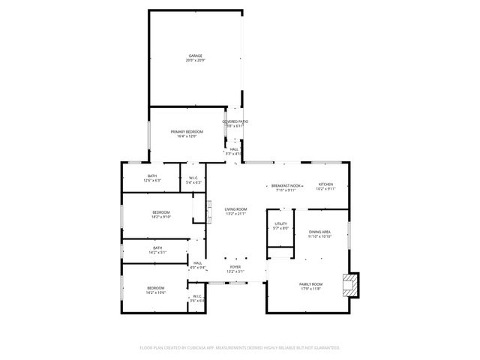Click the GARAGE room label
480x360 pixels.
click(x=196, y=55)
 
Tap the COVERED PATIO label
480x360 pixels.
click(x=235, y=121)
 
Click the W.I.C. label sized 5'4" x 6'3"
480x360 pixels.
click(x=193, y=178)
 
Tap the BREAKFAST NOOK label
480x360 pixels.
click(x=286, y=185)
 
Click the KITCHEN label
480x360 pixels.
click(x=325, y=184)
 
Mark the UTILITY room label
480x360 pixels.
click(x=280, y=223)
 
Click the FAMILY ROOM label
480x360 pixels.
click(x=310, y=284)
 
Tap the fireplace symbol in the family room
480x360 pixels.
click(x=349, y=284)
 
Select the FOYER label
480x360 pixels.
click(x=235, y=266)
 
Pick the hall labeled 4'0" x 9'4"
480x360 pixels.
click(x=197, y=262)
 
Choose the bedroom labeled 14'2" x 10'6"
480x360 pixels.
click(x=155, y=288)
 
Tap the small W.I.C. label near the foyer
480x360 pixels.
click(x=197, y=296)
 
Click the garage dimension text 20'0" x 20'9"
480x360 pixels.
click(x=196, y=61)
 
